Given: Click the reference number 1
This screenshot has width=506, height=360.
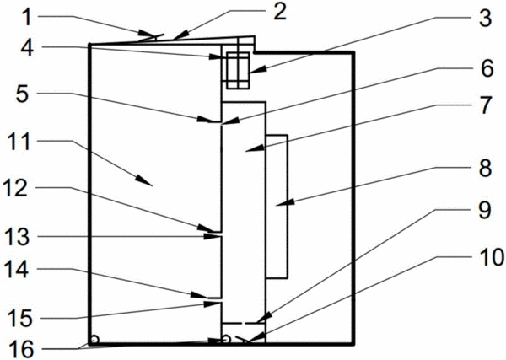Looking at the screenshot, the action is click(x=27, y=18).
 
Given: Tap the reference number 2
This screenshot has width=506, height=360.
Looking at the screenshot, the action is click(x=280, y=13).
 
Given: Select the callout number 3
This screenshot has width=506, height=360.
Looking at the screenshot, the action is click(x=485, y=18).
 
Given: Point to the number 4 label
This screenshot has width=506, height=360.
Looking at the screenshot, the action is click(x=27, y=48).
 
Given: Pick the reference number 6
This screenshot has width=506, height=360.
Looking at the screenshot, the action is click(x=487, y=68).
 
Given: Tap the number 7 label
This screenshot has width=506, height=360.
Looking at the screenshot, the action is click(x=485, y=105).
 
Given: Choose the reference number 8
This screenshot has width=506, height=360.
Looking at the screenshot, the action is click(x=485, y=168).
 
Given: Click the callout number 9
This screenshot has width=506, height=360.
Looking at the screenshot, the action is click(x=484, y=210).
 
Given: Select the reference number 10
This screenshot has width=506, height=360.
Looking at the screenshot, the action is click(x=492, y=257).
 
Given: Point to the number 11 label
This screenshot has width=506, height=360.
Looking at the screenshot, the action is click(x=19, y=142).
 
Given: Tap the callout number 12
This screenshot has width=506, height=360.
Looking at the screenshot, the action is click(x=16, y=188).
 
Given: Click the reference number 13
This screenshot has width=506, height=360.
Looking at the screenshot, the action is click(x=18, y=237).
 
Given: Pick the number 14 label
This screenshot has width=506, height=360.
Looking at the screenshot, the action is click(x=17, y=270).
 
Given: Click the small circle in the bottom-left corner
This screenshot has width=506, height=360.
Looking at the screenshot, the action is click(x=94, y=340).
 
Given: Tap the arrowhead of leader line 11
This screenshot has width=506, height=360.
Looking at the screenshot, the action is click(x=144, y=181).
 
